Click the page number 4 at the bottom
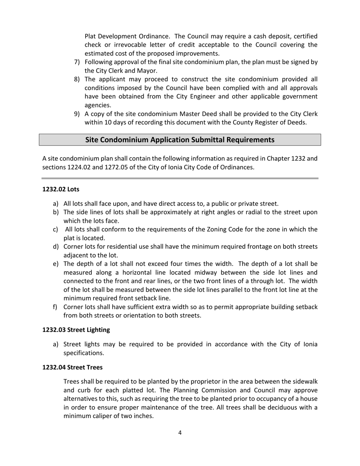[180, 433]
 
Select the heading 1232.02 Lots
[61, 189]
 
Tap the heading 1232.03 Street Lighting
[76, 330]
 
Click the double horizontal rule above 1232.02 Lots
[180, 178]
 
